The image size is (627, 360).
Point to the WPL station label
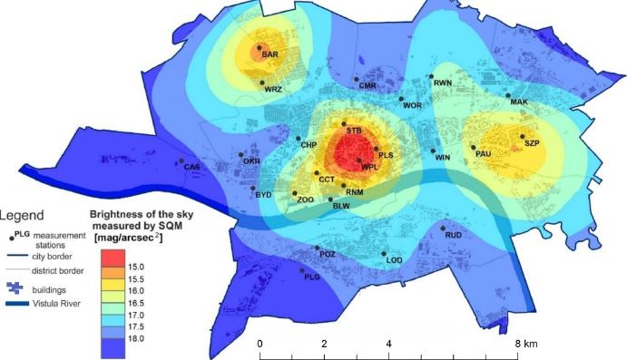coord(369,168)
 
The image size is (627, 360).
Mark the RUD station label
coord(456,237)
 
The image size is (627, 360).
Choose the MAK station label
coord(519,102)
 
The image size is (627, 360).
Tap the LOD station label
coord(394,261)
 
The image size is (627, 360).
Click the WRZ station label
coord(273,91)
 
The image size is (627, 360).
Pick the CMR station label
coord(367,86)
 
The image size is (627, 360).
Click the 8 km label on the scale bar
coord(524,345)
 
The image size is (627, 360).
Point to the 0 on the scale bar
coord(260,345)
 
